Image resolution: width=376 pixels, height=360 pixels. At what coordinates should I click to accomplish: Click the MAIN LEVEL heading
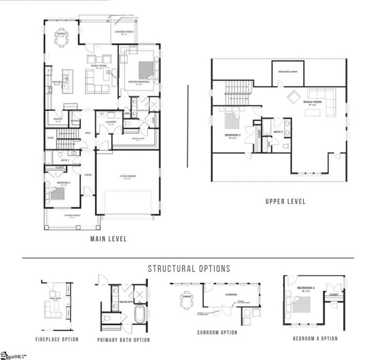coord(108,239)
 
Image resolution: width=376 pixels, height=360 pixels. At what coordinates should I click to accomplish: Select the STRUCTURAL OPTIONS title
coord(189,269)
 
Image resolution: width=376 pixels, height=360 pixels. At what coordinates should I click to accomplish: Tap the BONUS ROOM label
coord(312,102)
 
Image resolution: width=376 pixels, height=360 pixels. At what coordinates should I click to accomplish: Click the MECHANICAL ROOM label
coord(288,72)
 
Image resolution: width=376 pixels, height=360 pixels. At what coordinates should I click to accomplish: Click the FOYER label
coord(87,175)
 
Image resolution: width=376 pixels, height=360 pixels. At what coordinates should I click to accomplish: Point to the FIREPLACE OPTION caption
coord(57,339)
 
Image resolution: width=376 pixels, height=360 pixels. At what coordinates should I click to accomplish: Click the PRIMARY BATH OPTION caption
coord(124,340)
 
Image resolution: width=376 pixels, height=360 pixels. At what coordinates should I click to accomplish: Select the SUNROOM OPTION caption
coord(217,332)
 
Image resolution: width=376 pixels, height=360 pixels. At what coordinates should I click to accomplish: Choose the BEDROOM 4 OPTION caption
coord(315,338)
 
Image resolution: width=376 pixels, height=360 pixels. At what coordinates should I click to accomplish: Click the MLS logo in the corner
coord(13,356)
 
